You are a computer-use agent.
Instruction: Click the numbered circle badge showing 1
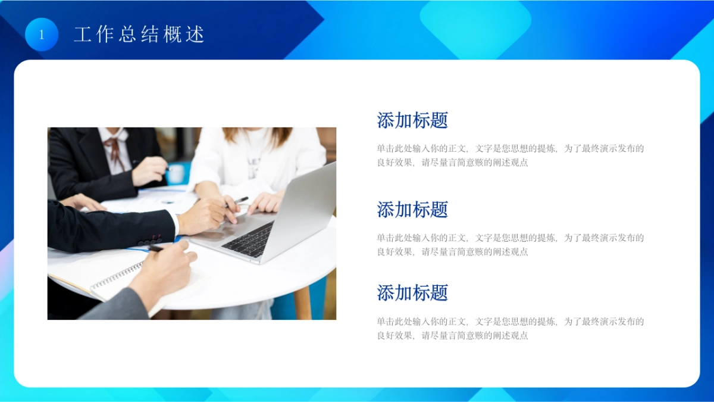pyautogui.click(x=42, y=34)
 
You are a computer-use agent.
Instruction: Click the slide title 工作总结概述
pyautogui.click(x=139, y=34)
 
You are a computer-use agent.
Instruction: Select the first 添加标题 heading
pyautogui.click(x=412, y=120)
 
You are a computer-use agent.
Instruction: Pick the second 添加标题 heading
pyautogui.click(x=412, y=210)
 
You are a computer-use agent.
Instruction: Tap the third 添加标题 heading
pyautogui.click(x=412, y=292)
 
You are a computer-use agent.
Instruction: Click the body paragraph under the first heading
pyautogui.click(x=510, y=155)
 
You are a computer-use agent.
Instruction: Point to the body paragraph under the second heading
pyautogui.click(x=510, y=245)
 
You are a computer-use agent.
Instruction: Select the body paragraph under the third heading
pyautogui.click(x=510, y=328)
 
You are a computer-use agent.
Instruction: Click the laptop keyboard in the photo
pyautogui.click(x=249, y=239)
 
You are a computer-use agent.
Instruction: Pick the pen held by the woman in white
pyautogui.click(x=240, y=201)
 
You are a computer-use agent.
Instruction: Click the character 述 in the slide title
pyautogui.click(x=196, y=34)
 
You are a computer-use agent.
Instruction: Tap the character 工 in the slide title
pyautogui.click(x=82, y=34)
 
